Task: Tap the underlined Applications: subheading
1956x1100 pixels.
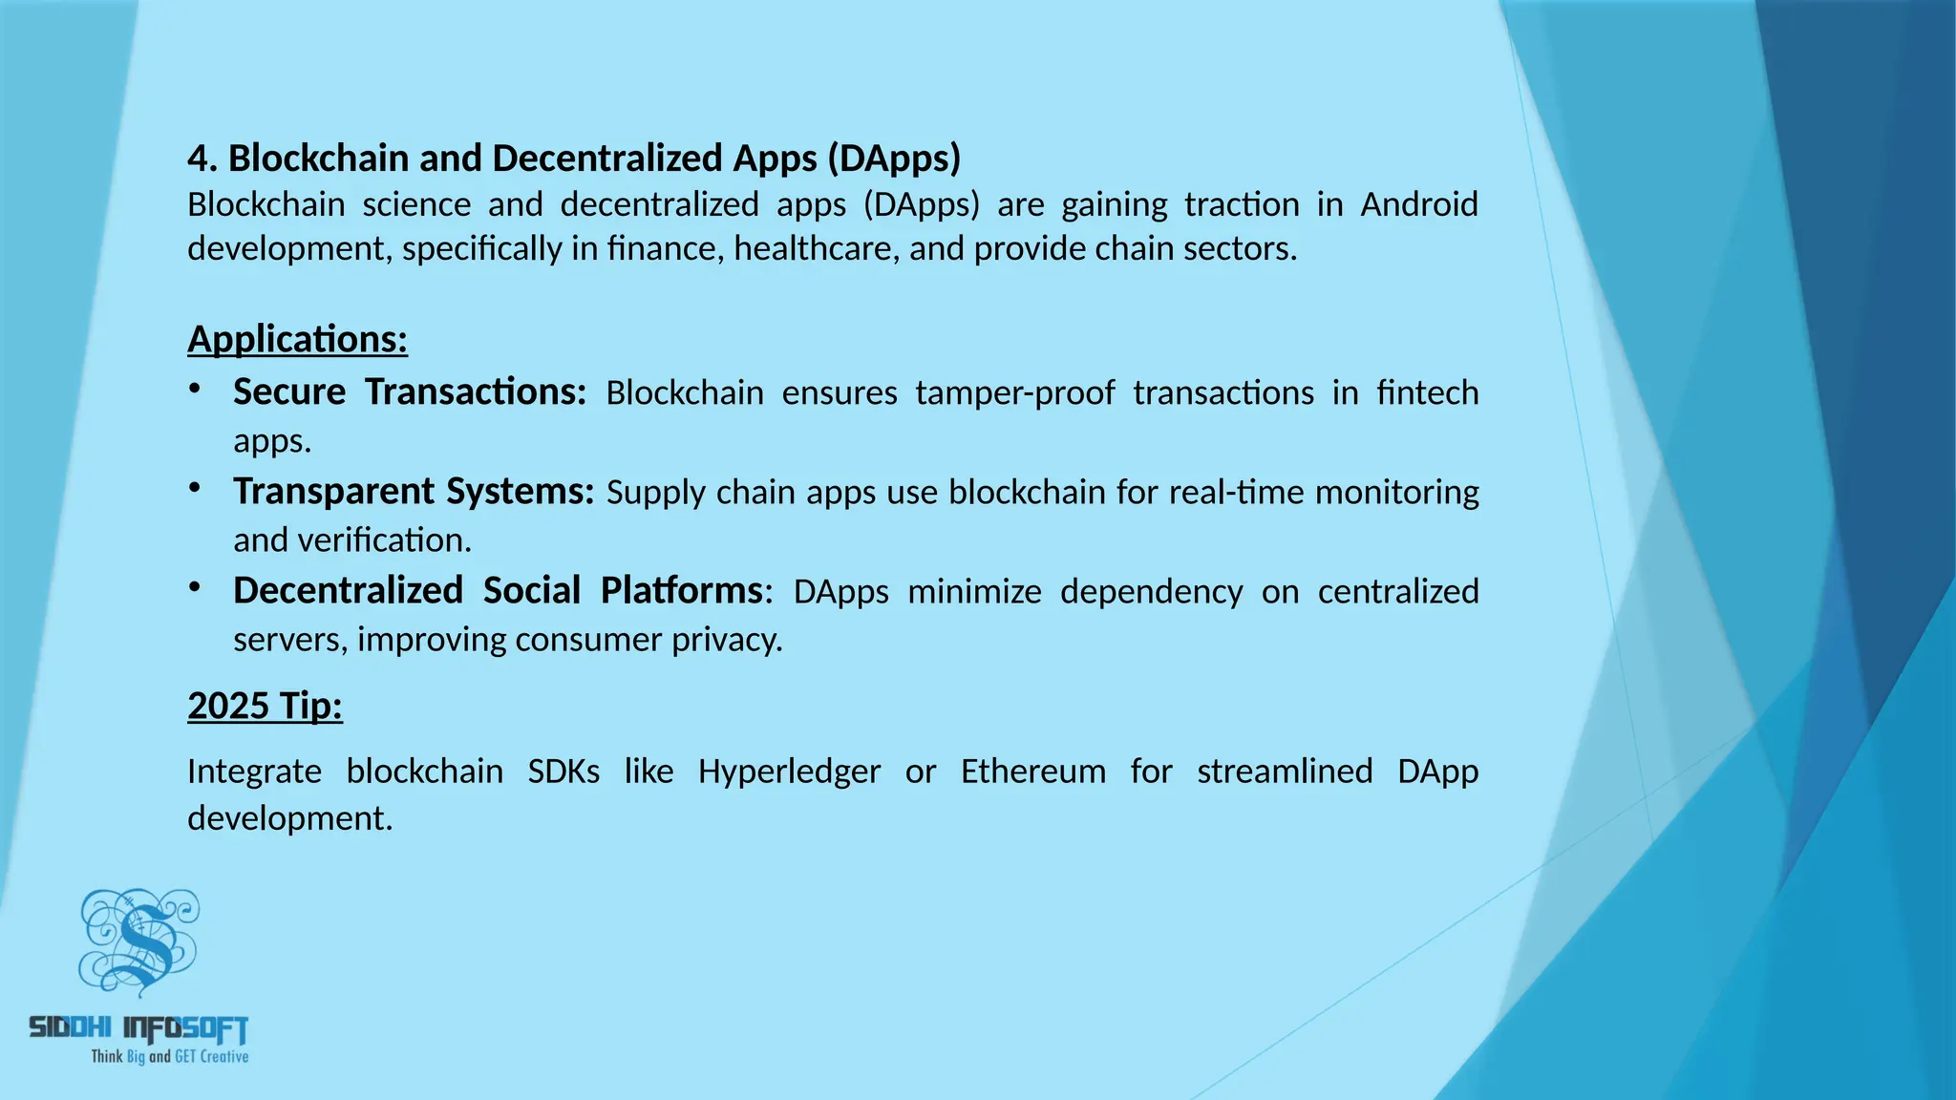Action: pyautogui.click(x=297, y=339)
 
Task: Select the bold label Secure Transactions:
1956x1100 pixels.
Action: pyautogui.click(x=409, y=392)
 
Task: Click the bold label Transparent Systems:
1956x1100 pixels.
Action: pyautogui.click(x=414, y=492)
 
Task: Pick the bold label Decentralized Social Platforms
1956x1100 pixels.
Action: pyautogui.click(x=498, y=591)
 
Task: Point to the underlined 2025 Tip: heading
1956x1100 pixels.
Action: pyautogui.click(x=265, y=706)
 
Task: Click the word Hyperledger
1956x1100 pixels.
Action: pyautogui.click(x=789, y=771)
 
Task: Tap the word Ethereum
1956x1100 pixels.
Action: pyautogui.click(x=1032, y=771)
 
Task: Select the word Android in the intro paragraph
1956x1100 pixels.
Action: pyautogui.click(x=1418, y=204)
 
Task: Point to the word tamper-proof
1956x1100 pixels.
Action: pyautogui.click(x=1014, y=393)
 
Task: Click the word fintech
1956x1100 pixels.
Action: pyautogui.click(x=1427, y=393)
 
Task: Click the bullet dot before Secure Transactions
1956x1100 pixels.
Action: pyautogui.click(x=195, y=388)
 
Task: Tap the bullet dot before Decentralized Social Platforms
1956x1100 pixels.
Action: pyautogui.click(x=195, y=586)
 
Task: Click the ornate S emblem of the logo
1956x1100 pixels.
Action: pyautogui.click(x=139, y=941)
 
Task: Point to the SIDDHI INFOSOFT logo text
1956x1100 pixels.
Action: pyautogui.click(x=139, y=1028)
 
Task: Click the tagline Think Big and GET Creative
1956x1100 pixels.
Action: pyautogui.click(x=170, y=1056)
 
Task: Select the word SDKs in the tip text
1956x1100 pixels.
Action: pyautogui.click(x=563, y=771)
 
